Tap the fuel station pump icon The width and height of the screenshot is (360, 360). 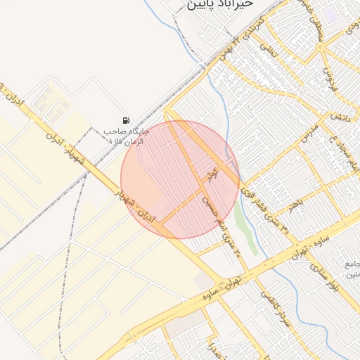[125, 120]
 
